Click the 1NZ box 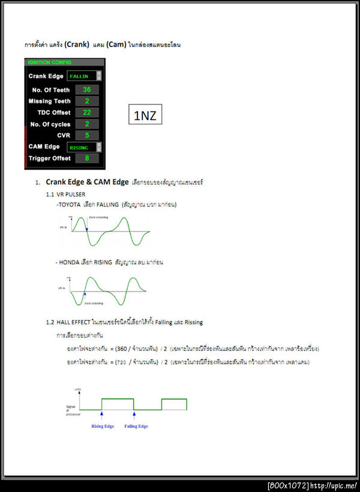coord(145,115)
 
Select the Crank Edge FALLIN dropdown coord(83,76)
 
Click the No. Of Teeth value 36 coord(86,89)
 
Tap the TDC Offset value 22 coord(86,112)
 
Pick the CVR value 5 coord(86,135)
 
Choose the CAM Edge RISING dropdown coord(83,147)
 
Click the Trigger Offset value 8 coord(86,158)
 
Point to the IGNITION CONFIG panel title coord(48,62)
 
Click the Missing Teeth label coord(49,101)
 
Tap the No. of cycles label coord(50,124)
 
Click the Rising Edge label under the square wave coord(102,426)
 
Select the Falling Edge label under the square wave coord(136,426)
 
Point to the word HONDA coord(70,262)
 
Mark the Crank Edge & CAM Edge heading coord(87,182)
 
